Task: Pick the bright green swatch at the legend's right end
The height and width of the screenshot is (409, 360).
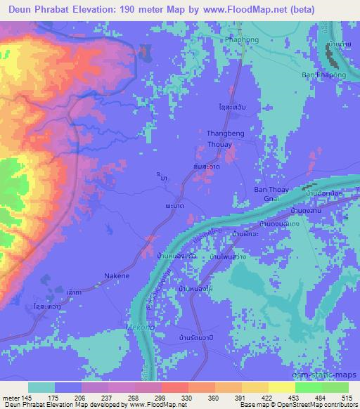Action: tap(335, 387)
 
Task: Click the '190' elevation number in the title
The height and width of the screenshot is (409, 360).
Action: tap(133, 9)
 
